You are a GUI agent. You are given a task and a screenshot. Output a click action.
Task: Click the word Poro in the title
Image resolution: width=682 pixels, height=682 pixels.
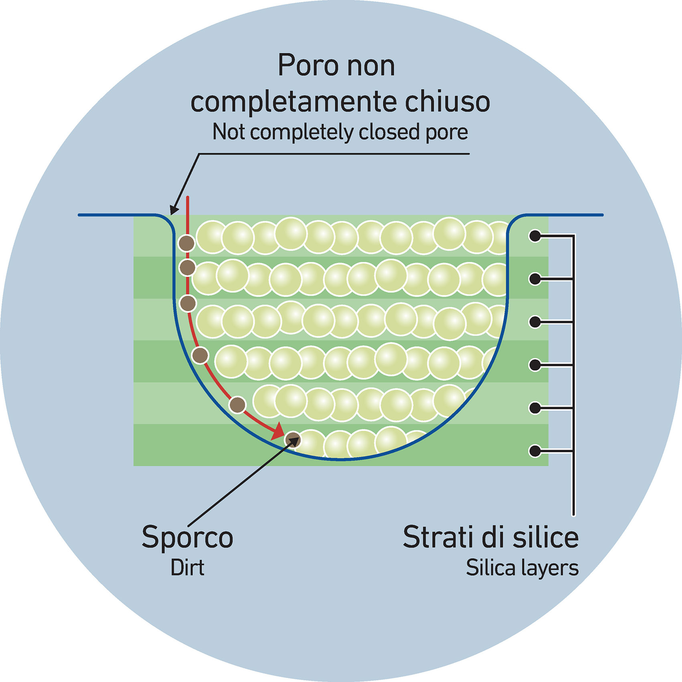(x=308, y=66)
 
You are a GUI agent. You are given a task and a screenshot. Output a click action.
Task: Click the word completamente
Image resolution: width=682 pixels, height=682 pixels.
(x=295, y=103)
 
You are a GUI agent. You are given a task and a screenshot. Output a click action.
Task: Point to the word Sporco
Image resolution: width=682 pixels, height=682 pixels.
(x=187, y=538)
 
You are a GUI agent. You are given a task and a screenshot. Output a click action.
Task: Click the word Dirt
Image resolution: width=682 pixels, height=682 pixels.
(x=187, y=568)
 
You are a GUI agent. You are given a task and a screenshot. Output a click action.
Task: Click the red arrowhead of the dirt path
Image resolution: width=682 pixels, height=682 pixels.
(x=277, y=433)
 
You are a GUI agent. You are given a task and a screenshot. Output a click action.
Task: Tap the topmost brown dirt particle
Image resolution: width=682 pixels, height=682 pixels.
(x=186, y=243)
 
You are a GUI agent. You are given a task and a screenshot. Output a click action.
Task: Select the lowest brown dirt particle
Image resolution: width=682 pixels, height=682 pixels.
(x=293, y=440)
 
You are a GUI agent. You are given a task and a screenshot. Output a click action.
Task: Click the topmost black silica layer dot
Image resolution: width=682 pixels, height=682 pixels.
(x=535, y=236)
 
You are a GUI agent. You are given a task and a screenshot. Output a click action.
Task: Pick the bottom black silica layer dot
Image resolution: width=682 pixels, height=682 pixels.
(x=535, y=451)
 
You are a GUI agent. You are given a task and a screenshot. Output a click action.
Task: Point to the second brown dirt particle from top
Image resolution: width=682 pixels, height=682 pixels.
(x=187, y=267)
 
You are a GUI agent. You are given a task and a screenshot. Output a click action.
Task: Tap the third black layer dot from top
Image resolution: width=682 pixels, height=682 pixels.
(x=535, y=322)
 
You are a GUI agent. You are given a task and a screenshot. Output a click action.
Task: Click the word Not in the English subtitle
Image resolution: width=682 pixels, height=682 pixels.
(x=228, y=132)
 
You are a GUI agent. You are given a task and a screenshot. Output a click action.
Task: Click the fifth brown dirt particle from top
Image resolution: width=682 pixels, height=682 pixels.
(x=237, y=405)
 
